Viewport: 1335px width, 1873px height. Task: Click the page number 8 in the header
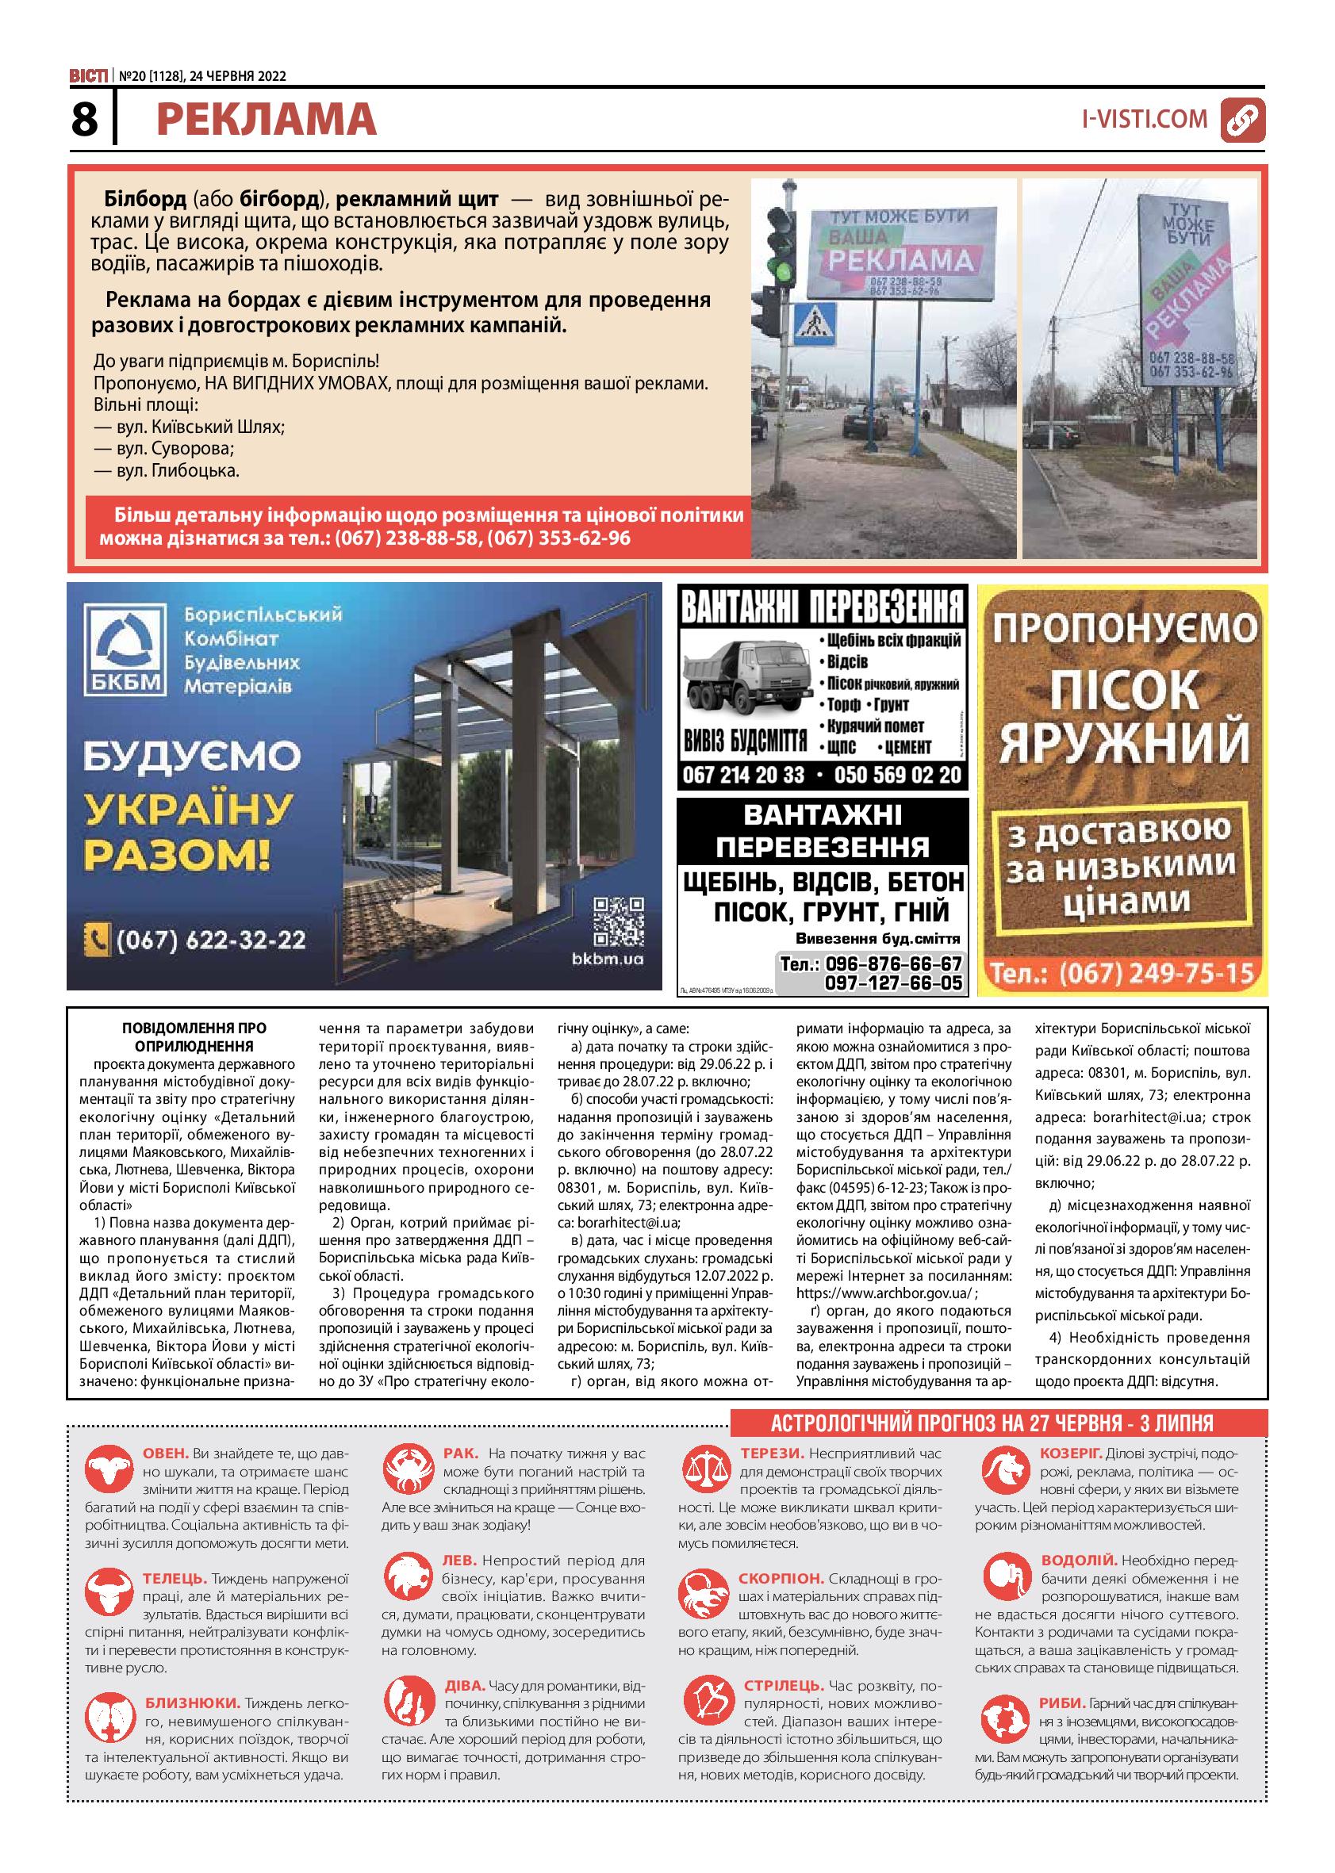[85, 119]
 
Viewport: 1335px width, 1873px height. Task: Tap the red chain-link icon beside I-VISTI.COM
[1242, 120]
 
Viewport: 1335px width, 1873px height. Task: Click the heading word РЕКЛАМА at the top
[267, 120]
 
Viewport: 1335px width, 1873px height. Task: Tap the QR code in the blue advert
[617, 921]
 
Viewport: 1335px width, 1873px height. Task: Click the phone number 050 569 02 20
[898, 775]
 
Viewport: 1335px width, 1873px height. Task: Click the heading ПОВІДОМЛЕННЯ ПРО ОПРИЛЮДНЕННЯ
[194, 1037]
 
